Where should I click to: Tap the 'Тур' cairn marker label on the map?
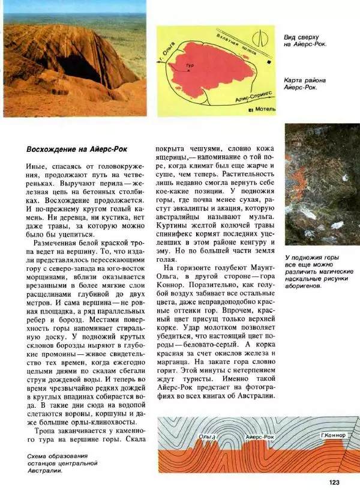190,65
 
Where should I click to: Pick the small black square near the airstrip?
271,61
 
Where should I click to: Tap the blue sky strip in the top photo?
74,7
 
